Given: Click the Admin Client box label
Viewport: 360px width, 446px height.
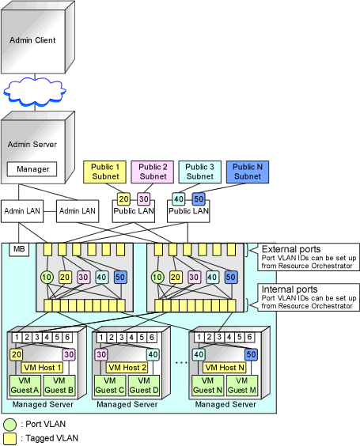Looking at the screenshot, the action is pyautogui.click(x=32, y=40).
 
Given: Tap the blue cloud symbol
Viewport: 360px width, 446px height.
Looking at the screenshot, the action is pyautogui.click(x=35, y=92).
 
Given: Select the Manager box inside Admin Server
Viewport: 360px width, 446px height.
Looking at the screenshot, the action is pyautogui.click(x=32, y=169).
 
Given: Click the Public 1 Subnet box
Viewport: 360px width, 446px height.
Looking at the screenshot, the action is pyautogui.click(x=105, y=172).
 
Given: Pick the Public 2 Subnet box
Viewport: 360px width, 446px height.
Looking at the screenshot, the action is pyautogui.click(x=153, y=172).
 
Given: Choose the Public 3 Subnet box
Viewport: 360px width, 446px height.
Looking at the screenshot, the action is pyautogui.click(x=199, y=172).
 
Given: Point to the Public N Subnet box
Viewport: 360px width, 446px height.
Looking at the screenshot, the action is pyautogui.click(x=248, y=172).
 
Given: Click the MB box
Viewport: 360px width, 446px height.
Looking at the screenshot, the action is pyautogui.click(x=19, y=249).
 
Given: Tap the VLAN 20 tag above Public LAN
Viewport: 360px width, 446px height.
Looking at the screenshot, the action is pyautogui.click(x=123, y=198).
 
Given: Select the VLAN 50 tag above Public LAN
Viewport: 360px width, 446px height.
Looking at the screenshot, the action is pyautogui.click(x=199, y=198).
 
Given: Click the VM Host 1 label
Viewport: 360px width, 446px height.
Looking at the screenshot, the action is pyautogui.click(x=43, y=368).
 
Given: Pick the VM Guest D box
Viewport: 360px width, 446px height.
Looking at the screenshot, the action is pyautogui.click(x=144, y=386).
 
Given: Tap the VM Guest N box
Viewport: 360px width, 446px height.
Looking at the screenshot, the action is pyautogui.click(x=207, y=386).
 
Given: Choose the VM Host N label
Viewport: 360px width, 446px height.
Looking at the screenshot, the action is pyautogui.click(x=225, y=368).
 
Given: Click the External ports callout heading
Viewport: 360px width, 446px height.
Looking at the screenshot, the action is pyautogui.click(x=291, y=249).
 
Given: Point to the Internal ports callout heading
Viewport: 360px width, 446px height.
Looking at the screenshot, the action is pyautogui.click(x=290, y=289).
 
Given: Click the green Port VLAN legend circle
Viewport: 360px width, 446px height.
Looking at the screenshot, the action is pyautogui.click(x=10, y=425).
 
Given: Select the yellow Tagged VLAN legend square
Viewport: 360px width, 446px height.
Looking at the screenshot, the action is pyautogui.click(x=10, y=439).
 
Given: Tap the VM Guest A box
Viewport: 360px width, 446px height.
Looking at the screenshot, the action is pyautogui.click(x=25, y=386).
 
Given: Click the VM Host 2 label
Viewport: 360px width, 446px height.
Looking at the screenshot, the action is pyautogui.click(x=127, y=368).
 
